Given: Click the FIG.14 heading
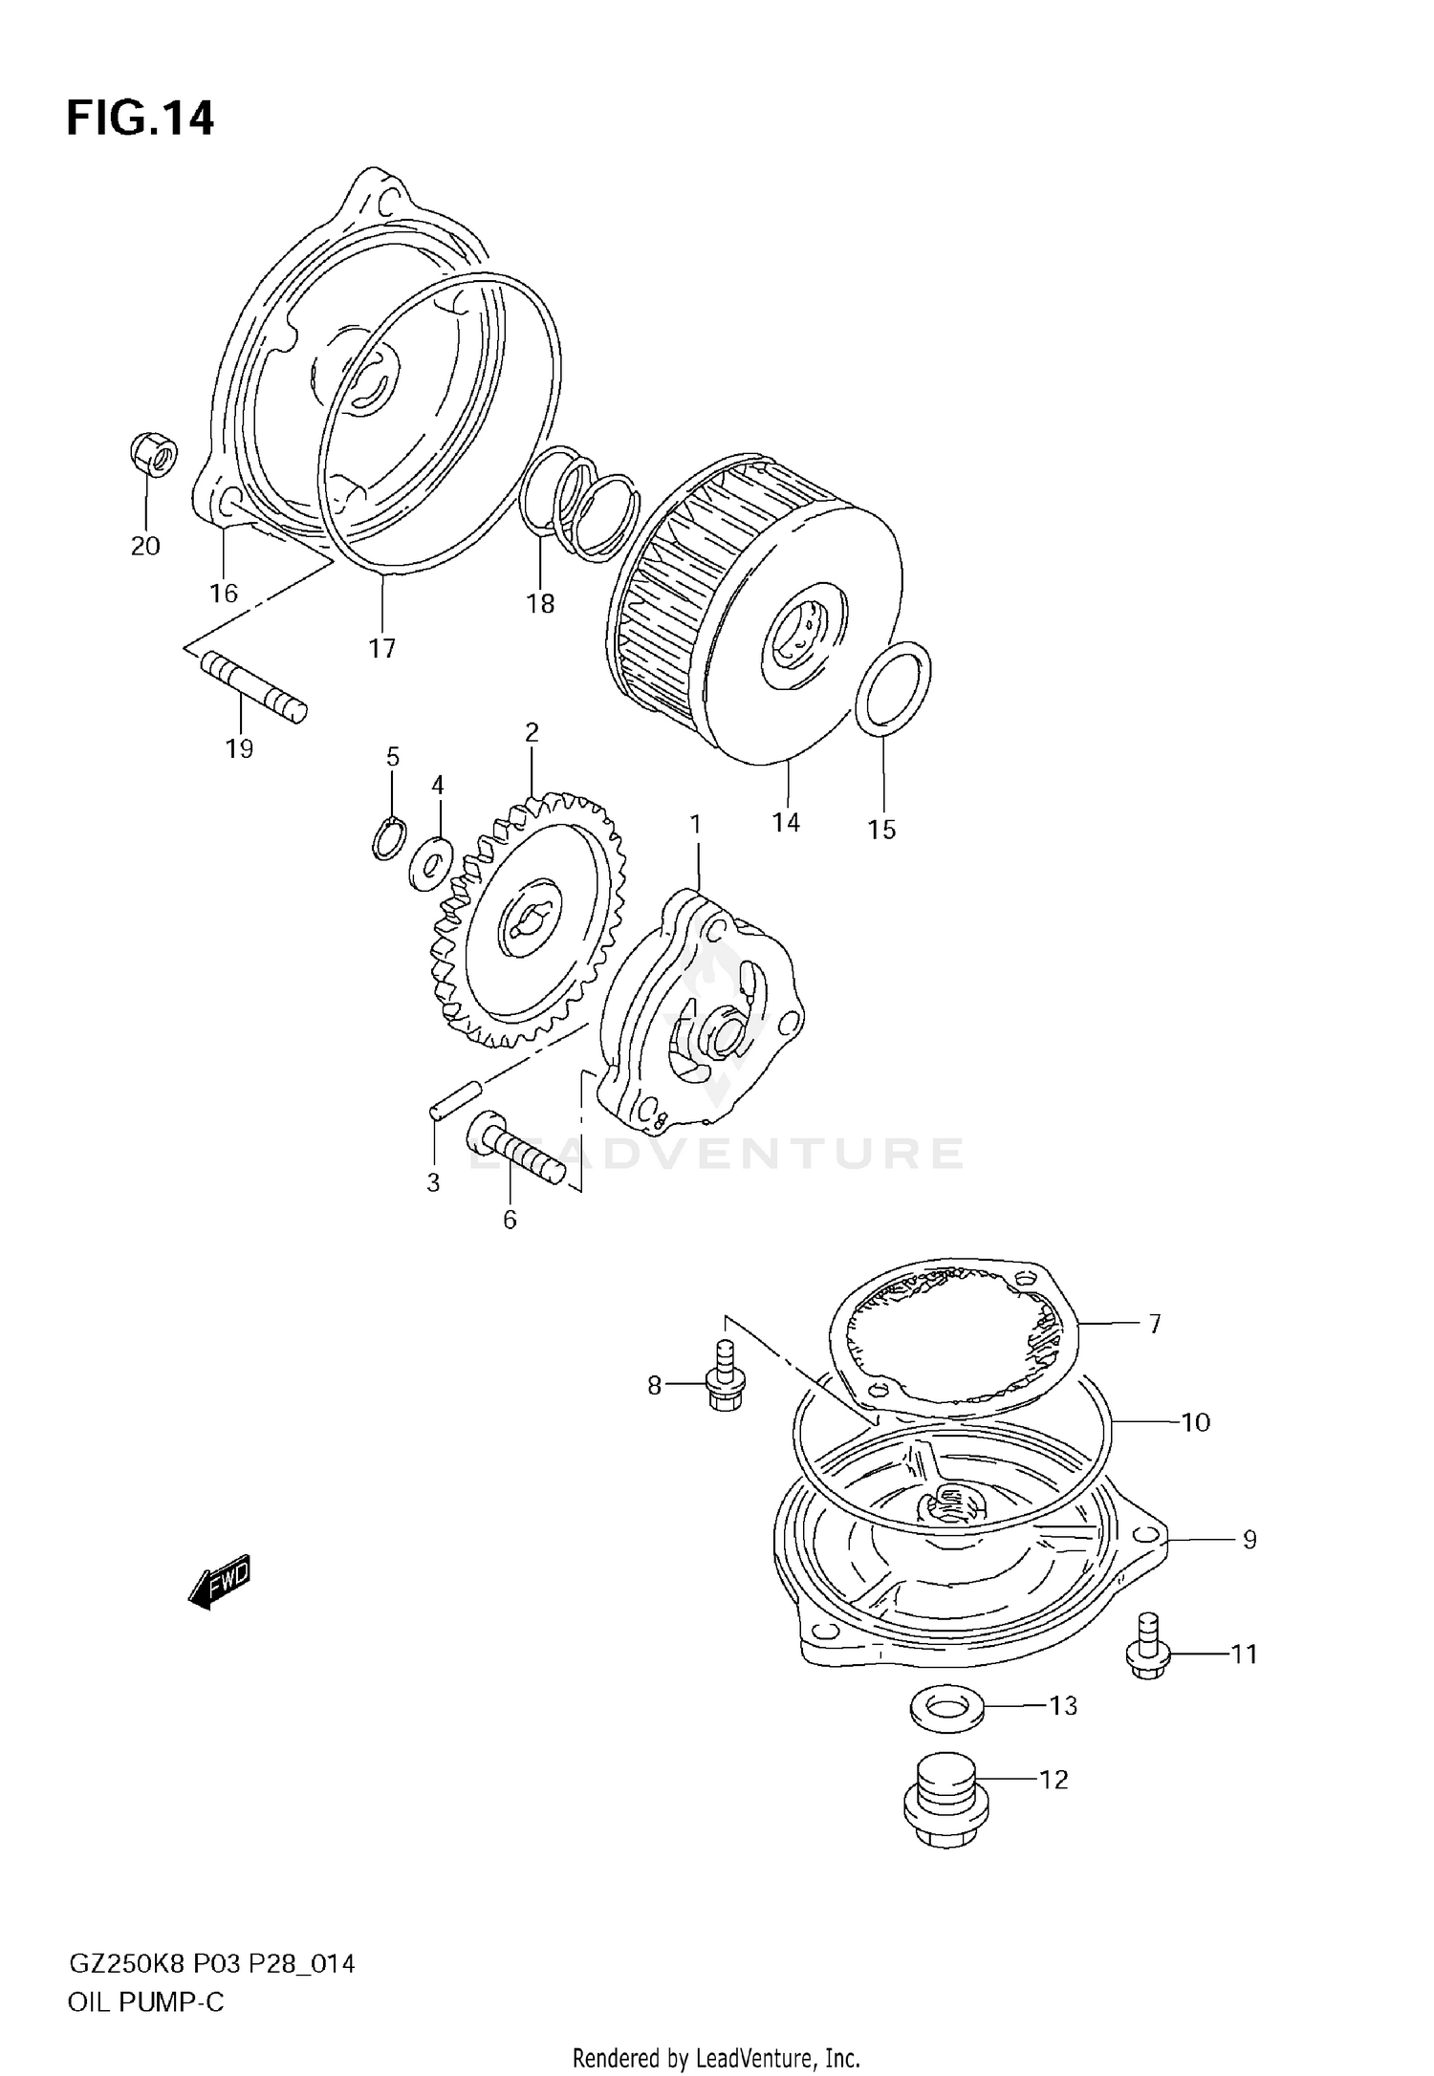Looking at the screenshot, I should click(140, 119).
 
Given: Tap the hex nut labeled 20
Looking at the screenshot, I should click(152, 455).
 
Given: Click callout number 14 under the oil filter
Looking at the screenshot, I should click(786, 822).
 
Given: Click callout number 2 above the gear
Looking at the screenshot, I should click(532, 732).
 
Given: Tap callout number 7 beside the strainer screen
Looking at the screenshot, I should click(1155, 1324).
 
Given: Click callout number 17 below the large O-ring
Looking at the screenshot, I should click(381, 649).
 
